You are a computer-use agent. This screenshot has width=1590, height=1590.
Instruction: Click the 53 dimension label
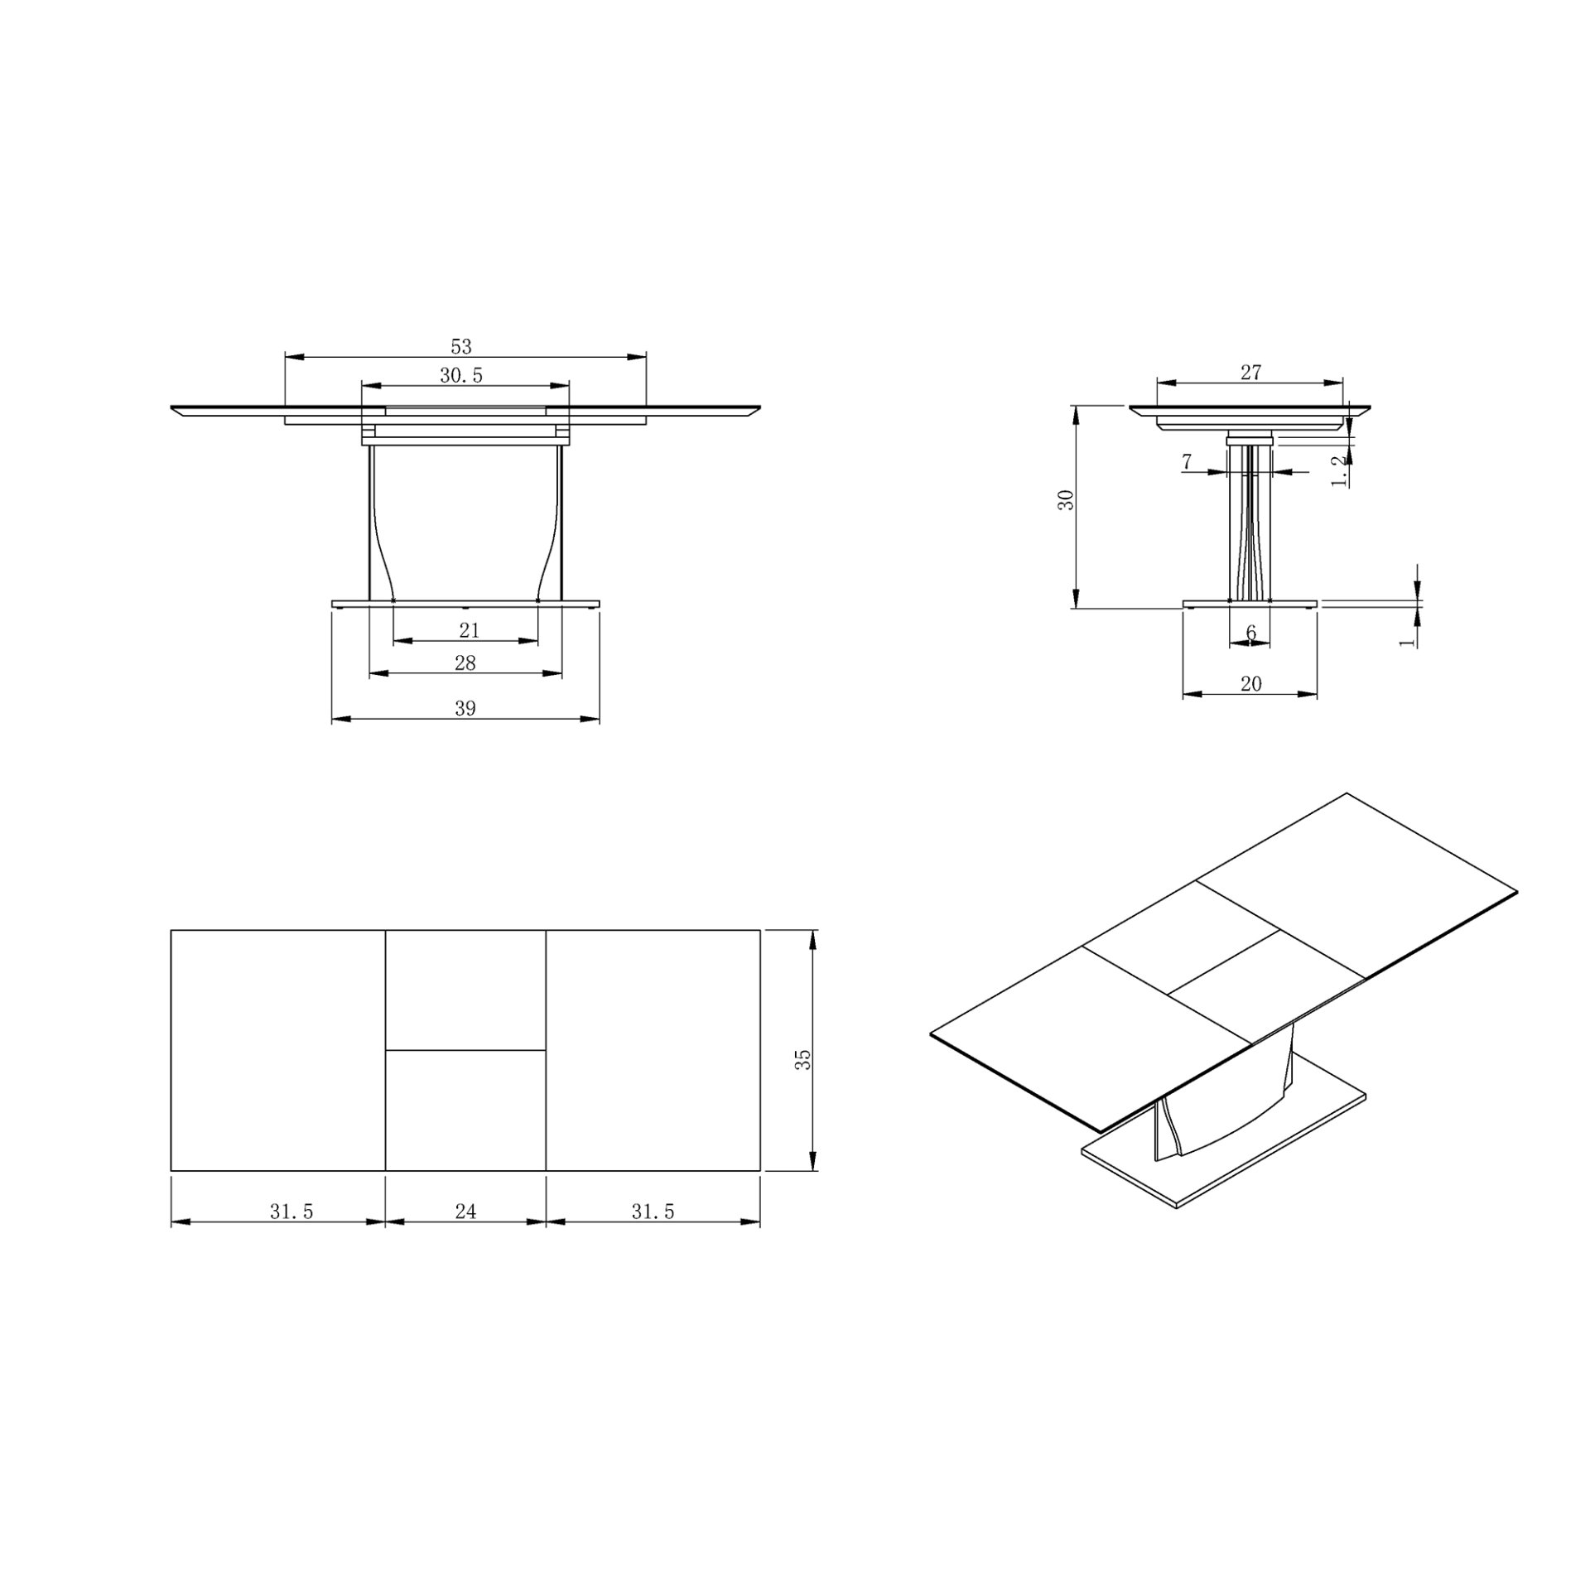pyautogui.click(x=460, y=346)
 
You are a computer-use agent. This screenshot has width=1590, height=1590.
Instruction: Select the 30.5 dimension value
pyautogui.click(x=460, y=375)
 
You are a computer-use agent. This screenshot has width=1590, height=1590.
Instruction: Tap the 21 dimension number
pyautogui.click(x=469, y=630)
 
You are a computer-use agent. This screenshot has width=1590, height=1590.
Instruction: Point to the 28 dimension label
pyautogui.click(x=465, y=662)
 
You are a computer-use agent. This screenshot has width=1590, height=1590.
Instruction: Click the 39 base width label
pyautogui.click(x=465, y=708)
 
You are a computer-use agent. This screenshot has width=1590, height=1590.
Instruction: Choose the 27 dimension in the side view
pyautogui.click(x=1250, y=373)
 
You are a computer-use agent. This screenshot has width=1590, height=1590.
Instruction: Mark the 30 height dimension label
pyautogui.click(x=1067, y=499)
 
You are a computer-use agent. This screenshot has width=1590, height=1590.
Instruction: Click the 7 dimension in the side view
pyautogui.click(x=1187, y=461)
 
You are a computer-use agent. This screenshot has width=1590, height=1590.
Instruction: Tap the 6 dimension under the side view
pyautogui.click(x=1250, y=633)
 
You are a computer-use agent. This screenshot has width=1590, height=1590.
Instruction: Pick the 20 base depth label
pyautogui.click(x=1250, y=683)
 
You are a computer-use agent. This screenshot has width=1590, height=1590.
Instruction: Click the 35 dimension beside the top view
pyautogui.click(x=802, y=1059)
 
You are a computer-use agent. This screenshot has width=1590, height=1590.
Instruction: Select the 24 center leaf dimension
pyautogui.click(x=465, y=1212)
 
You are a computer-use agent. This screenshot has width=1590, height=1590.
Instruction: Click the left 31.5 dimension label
pyautogui.click(x=291, y=1212)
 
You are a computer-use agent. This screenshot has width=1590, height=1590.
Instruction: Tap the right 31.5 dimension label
pyautogui.click(x=653, y=1212)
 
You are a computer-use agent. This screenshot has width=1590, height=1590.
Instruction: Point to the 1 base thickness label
pyautogui.click(x=1405, y=641)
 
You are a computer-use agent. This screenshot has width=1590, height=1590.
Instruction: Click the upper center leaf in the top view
pyautogui.click(x=465, y=990)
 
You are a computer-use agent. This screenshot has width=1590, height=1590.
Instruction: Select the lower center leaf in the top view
pyautogui.click(x=465, y=1110)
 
